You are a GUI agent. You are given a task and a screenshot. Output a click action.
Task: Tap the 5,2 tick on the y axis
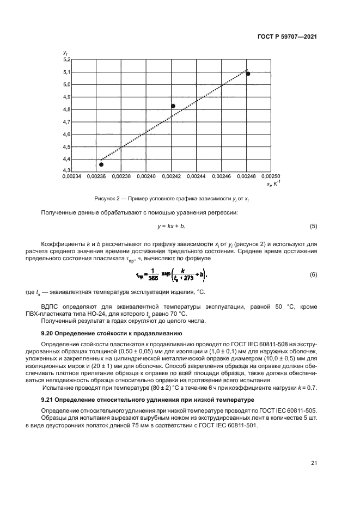(66, 59)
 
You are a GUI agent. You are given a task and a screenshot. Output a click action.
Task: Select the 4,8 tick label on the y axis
(66, 109)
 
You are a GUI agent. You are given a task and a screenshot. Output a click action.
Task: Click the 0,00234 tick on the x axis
(71, 177)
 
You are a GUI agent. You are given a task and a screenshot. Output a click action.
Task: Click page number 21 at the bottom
(314, 463)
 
